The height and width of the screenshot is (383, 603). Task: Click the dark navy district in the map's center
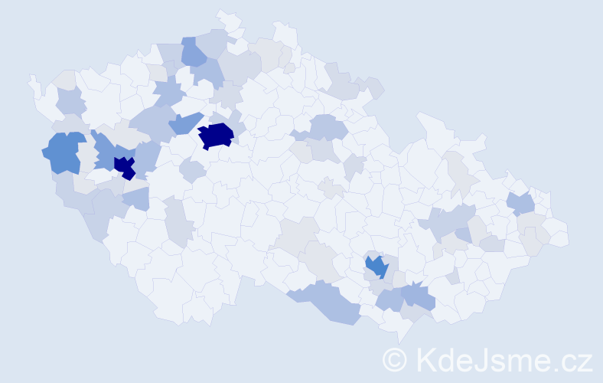[x=216, y=136]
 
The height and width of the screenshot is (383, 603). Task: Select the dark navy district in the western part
[x=124, y=167]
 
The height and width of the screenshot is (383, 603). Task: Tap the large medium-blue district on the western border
[x=63, y=152]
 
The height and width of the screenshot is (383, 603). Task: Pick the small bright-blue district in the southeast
[x=376, y=266]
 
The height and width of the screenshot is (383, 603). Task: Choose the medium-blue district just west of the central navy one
[x=184, y=123]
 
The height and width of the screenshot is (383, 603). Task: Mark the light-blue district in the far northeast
[x=520, y=203]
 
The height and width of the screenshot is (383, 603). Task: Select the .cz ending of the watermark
[x=571, y=360]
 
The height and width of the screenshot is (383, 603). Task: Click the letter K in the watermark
[x=426, y=360]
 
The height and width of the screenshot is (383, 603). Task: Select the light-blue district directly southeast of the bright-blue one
[x=418, y=294]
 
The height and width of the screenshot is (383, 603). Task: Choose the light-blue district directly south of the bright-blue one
[x=389, y=299]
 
